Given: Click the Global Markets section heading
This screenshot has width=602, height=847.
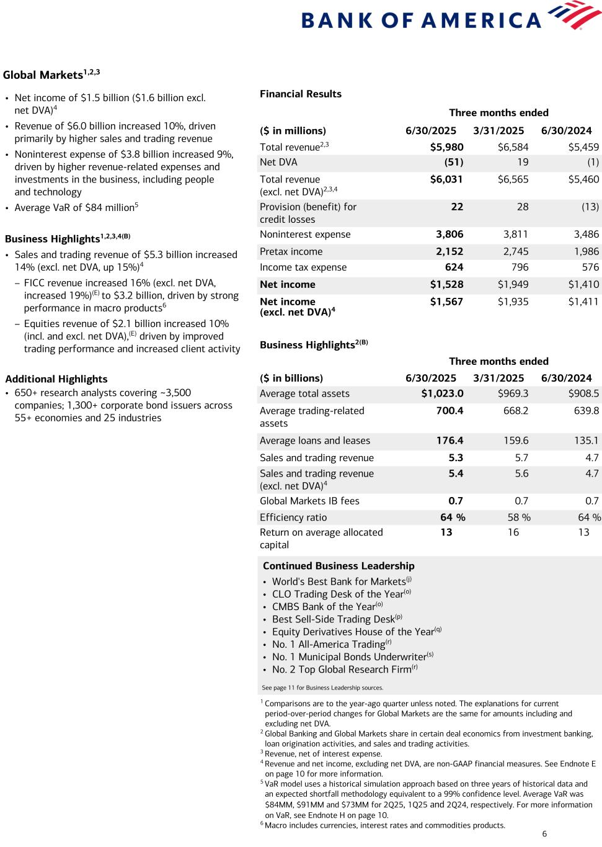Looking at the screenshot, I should pos(43,75).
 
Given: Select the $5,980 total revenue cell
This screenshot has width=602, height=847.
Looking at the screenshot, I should pos(446,147).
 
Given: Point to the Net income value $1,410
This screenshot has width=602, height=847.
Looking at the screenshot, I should pos(583,284).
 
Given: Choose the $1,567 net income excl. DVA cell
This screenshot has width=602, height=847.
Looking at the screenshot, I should pos(446,302).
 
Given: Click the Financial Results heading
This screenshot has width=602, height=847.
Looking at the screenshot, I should pos(301,94).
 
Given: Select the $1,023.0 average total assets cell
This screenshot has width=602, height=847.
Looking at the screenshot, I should pos(442,393).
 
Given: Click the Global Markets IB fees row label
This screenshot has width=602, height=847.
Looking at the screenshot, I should pos(309,501).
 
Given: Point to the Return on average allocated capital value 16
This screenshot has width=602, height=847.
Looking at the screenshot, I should pos(513,532).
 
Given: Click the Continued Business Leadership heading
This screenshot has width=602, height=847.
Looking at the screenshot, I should pos(339,566).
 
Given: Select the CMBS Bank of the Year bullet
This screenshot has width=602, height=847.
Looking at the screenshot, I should pos(324,607).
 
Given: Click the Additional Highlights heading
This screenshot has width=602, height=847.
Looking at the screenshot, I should pos(56,379).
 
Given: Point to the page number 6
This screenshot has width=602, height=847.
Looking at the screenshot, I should pos(544,834).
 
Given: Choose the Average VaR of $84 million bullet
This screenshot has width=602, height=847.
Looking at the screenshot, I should pos(74,208).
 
